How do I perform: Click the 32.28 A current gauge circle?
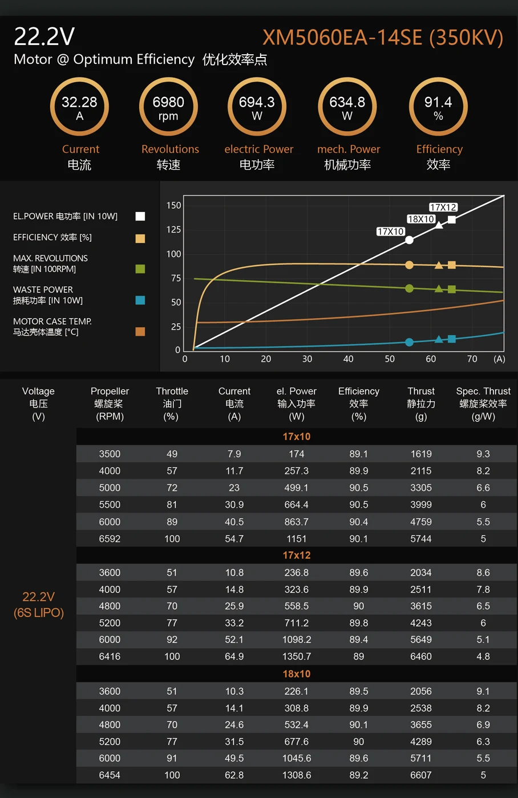point(79,107)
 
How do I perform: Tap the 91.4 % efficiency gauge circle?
point(438,107)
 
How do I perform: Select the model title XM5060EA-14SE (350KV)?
point(383,38)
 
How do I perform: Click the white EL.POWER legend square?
point(140,216)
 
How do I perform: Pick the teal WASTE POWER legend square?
point(140,300)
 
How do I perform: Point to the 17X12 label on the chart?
point(443,207)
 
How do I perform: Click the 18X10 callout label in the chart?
point(421,219)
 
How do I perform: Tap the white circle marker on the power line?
point(409,240)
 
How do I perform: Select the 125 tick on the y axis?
point(173,230)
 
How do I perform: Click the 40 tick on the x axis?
point(348,359)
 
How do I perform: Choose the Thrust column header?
point(421,391)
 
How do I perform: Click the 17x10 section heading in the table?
point(297,437)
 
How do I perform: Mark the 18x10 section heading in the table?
point(297,674)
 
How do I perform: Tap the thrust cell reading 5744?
point(421,539)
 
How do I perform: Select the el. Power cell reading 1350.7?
point(297,657)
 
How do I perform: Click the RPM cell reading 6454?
point(110,775)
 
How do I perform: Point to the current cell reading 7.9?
point(234,454)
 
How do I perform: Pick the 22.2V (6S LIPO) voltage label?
point(38,605)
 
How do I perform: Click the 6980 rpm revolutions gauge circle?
point(168,107)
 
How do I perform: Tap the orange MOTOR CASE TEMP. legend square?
point(140,332)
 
